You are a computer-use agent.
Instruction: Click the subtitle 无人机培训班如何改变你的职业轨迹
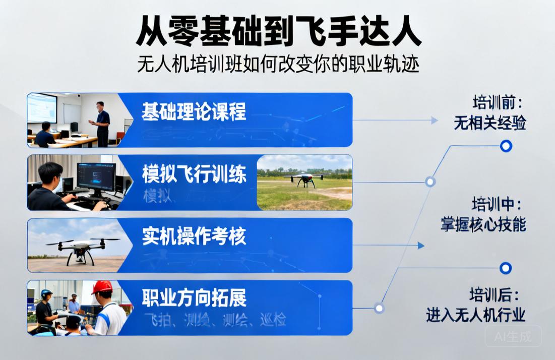pyautogui.click(x=278, y=65)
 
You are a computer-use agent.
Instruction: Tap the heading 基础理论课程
pyautogui.click(x=194, y=111)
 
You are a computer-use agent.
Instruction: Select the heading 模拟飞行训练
pyautogui.click(x=194, y=174)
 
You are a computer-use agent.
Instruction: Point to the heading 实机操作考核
pyautogui.click(x=194, y=236)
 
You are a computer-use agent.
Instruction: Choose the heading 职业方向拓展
pyautogui.click(x=194, y=298)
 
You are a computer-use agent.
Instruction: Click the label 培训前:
pyautogui.click(x=497, y=103)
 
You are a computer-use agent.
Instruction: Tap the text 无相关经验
pyautogui.click(x=489, y=123)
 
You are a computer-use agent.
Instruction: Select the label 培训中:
pyautogui.click(x=497, y=205)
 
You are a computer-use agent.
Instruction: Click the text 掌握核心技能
pyautogui.click(x=483, y=224)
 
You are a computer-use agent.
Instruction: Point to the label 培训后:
pyautogui.click(x=494, y=294)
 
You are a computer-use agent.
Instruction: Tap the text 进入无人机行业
pyautogui.click(x=475, y=315)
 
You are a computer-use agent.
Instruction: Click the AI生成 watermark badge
pyautogui.click(x=513, y=336)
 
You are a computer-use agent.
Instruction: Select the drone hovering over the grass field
pyautogui.click(x=304, y=179)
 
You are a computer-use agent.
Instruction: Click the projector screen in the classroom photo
pyautogui.click(x=42, y=107)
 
